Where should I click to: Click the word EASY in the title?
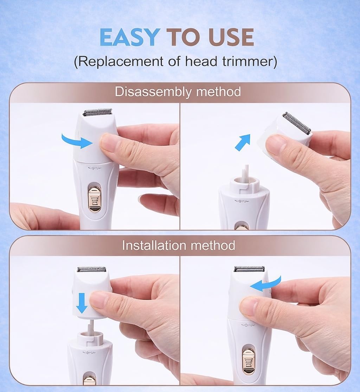coord(129,37)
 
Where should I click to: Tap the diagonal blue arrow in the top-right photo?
coord(243,142)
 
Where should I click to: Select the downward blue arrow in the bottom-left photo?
coord(82,303)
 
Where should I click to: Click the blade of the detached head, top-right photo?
coord(297,122)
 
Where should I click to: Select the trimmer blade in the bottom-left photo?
coord(91,269)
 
